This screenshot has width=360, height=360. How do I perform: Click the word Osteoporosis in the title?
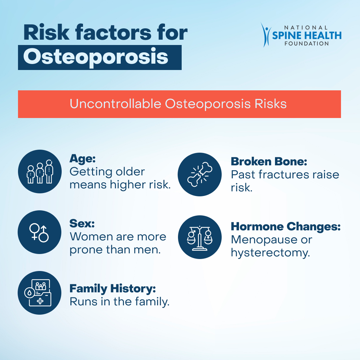(x=96, y=57)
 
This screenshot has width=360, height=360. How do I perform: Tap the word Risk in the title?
(x=46, y=32)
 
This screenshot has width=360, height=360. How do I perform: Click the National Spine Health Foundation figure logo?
(x=266, y=35)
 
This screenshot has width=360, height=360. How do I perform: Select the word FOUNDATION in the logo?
(x=307, y=43)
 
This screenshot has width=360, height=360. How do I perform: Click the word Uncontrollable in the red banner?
(x=115, y=104)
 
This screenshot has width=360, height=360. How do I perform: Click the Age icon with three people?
(x=40, y=172)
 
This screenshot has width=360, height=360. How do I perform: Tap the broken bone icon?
(x=200, y=174)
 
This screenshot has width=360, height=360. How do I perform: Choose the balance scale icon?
(x=200, y=237)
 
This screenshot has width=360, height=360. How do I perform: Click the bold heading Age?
(x=83, y=159)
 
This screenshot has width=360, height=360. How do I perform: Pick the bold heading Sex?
(x=82, y=223)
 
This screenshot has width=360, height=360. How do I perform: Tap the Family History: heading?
(x=113, y=289)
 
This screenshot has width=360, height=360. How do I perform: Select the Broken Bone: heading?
(x=269, y=162)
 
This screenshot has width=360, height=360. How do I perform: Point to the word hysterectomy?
(x=270, y=253)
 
